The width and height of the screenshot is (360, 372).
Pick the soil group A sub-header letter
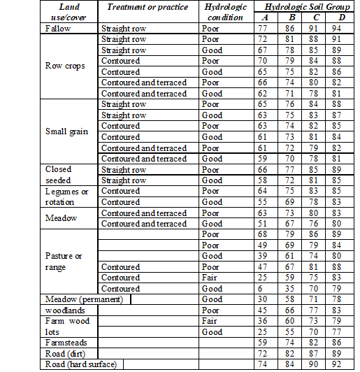pos(263,17)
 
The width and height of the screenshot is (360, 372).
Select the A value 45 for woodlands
pos(263,310)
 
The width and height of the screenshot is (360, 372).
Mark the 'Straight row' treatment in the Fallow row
pos(123,29)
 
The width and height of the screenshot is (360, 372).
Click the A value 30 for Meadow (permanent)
pos(263,299)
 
